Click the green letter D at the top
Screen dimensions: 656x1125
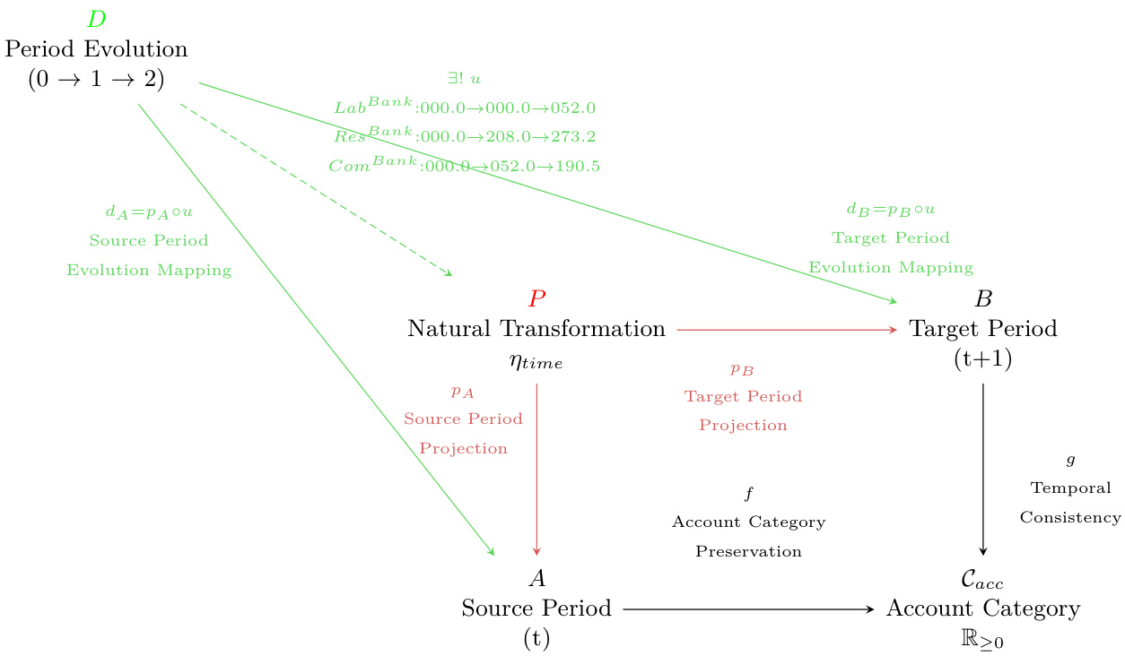click(97, 19)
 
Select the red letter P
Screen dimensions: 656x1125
click(536, 298)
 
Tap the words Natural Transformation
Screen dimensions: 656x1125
click(536, 329)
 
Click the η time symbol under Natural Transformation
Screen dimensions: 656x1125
click(536, 361)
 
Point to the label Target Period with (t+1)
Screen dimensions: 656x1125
click(983, 329)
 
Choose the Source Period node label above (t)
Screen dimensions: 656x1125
click(536, 609)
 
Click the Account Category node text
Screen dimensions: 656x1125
click(983, 609)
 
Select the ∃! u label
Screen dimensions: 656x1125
click(465, 79)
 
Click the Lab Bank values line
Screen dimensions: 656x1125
click(465, 107)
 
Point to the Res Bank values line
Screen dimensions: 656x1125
click(465, 136)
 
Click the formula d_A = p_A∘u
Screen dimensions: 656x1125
click(149, 212)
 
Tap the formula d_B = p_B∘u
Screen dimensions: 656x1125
click(891, 210)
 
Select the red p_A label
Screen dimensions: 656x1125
click(463, 392)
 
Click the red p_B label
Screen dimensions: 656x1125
click(743, 368)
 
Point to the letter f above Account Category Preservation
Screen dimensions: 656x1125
click(748, 493)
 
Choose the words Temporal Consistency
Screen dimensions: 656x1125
click(1070, 503)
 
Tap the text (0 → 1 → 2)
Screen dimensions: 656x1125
click(97, 79)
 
